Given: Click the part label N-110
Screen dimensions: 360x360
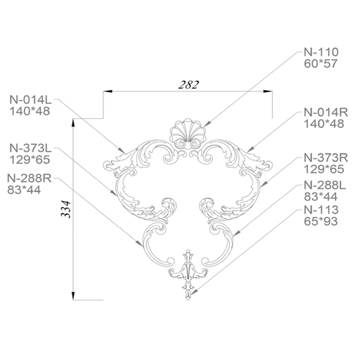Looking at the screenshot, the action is tap(321, 52).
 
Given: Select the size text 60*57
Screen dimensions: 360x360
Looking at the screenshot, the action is tap(321, 64).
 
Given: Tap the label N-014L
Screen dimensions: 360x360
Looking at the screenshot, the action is tap(30, 100).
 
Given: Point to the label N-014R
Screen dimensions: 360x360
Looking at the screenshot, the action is tap(326, 112).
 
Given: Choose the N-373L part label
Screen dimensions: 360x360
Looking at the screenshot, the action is tap(30, 148).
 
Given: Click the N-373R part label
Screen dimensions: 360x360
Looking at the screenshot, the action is tap(326, 158).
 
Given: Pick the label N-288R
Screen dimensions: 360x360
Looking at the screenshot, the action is tap(30, 179).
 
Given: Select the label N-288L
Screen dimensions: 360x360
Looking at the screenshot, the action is tap(325, 186).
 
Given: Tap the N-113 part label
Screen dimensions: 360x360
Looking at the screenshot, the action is tap(321, 210).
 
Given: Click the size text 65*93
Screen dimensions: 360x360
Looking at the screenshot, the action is tap(321, 221).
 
